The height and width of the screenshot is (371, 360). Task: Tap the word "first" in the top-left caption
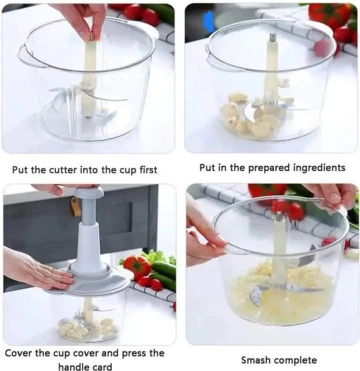148,170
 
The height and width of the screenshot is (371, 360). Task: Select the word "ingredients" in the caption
319,168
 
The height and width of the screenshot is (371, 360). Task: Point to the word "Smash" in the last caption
256,360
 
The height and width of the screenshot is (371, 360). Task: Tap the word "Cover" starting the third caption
18,353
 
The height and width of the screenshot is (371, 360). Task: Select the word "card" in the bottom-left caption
102,366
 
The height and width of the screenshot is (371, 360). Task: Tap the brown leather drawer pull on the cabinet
75,207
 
